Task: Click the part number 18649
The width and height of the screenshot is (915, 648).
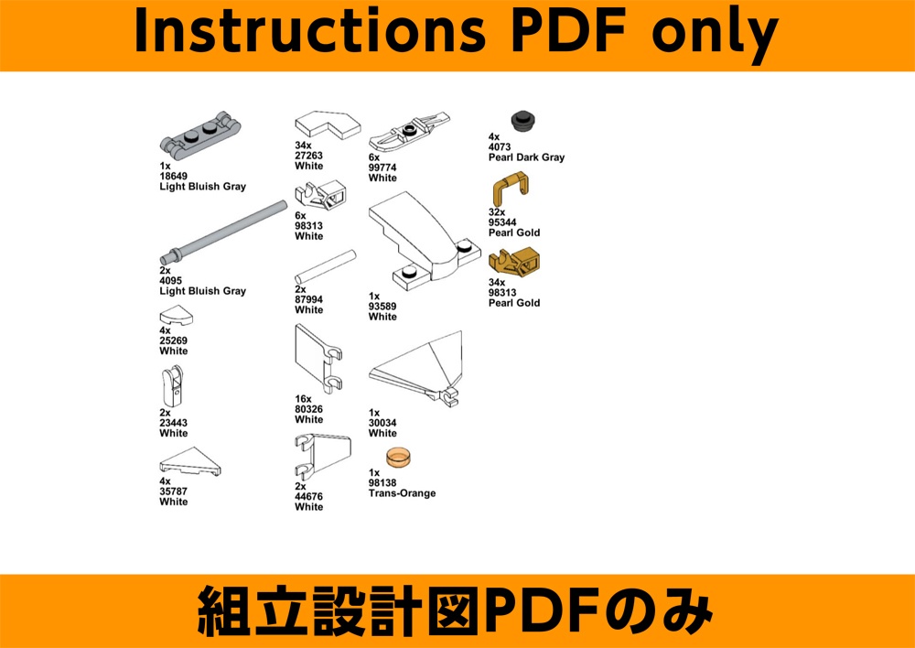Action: click(x=171, y=177)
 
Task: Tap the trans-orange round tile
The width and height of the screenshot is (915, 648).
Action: click(x=398, y=456)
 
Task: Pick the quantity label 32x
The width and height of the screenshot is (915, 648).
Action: click(x=497, y=212)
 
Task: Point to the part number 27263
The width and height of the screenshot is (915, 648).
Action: click(x=308, y=156)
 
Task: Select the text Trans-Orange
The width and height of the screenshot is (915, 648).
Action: click(x=402, y=493)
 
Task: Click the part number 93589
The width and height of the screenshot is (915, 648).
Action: click(x=382, y=307)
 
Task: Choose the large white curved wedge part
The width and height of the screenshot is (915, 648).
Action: click(x=425, y=240)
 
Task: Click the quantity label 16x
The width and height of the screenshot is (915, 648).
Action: click(x=304, y=399)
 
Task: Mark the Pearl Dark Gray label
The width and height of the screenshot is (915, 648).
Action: click(x=527, y=157)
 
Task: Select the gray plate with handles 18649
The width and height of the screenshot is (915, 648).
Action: click(x=201, y=135)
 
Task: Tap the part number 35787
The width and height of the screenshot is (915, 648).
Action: click(x=173, y=491)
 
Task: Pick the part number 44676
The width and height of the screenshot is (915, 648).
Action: click(x=308, y=497)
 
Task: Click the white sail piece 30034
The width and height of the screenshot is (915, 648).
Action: click(x=417, y=367)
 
